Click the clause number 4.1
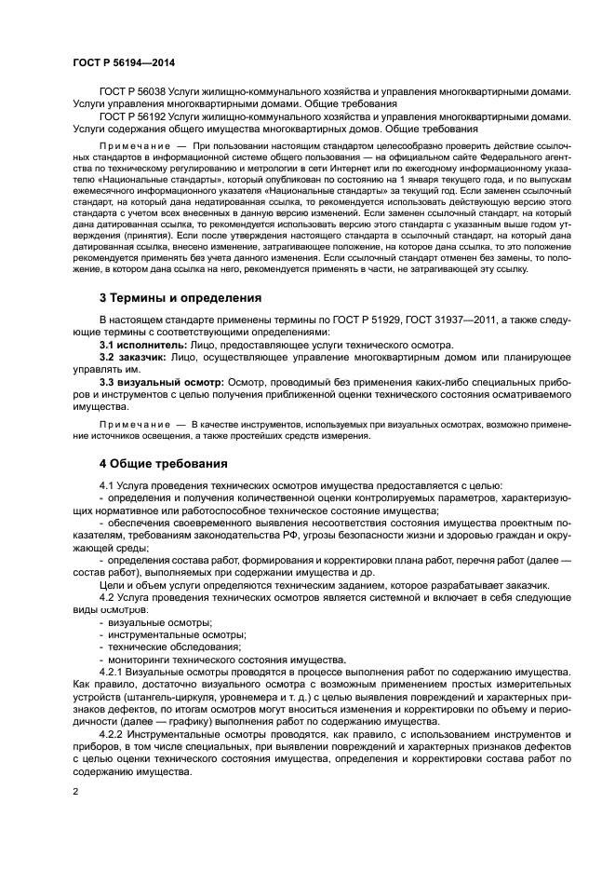(108, 487)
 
